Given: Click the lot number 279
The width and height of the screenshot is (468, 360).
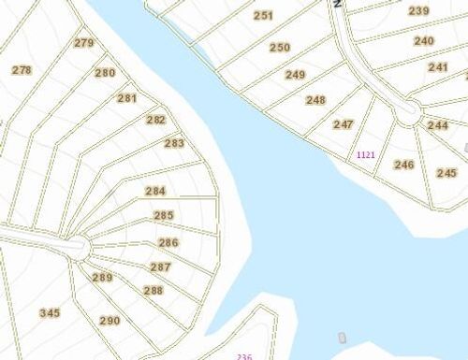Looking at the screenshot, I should tap(84, 43).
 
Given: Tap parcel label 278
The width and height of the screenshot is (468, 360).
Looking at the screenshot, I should tap(22, 70).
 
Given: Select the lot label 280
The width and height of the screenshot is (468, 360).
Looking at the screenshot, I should tap(105, 73).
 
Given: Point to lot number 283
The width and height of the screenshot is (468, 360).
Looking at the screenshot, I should tap(174, 143).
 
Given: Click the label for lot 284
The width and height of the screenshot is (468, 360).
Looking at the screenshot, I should tap(155, 191).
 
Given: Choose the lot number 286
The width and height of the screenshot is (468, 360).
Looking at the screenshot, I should tap(168, 243).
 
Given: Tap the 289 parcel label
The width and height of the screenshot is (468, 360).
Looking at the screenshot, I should tap(102, 278).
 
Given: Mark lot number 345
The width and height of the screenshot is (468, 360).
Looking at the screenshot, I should tap(50, 312).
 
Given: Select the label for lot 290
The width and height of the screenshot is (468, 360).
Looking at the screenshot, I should tap(110, 321).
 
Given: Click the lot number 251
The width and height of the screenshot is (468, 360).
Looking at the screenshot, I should tap(264, 16).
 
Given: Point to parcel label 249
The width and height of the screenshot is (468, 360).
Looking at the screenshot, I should tap(296, 75).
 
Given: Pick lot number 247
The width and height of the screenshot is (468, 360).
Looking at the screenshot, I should tap(344, 124).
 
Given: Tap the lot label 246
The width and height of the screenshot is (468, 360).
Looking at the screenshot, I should tap(403, 165).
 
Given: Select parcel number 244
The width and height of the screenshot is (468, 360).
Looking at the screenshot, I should tap(437, 125).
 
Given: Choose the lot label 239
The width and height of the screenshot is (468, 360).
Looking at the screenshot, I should tap(418, 11).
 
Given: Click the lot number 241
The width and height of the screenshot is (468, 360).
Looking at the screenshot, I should tap(438, 67).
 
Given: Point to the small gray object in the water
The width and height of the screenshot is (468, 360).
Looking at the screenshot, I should tap(342, 337).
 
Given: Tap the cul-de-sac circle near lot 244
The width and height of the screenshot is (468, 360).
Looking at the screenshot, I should tap(407, 113).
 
